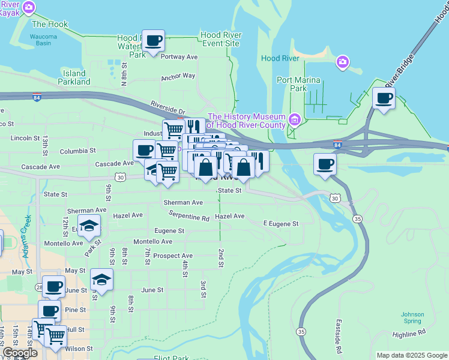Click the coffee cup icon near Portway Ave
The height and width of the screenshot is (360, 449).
154,41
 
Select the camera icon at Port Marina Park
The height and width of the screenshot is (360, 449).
343,61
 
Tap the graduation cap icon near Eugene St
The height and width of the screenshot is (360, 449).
89,226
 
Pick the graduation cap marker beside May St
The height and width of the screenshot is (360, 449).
101,280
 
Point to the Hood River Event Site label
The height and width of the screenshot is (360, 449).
220,39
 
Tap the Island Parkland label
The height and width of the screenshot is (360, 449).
74,77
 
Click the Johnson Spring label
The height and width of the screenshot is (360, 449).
412,317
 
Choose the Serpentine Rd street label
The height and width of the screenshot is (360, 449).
188,216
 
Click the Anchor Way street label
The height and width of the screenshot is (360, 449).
178,76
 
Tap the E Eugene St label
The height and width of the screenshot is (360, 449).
281,223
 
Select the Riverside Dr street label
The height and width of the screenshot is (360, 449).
168,106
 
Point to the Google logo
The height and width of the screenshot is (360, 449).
20,353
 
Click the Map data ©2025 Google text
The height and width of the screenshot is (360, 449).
411,355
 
